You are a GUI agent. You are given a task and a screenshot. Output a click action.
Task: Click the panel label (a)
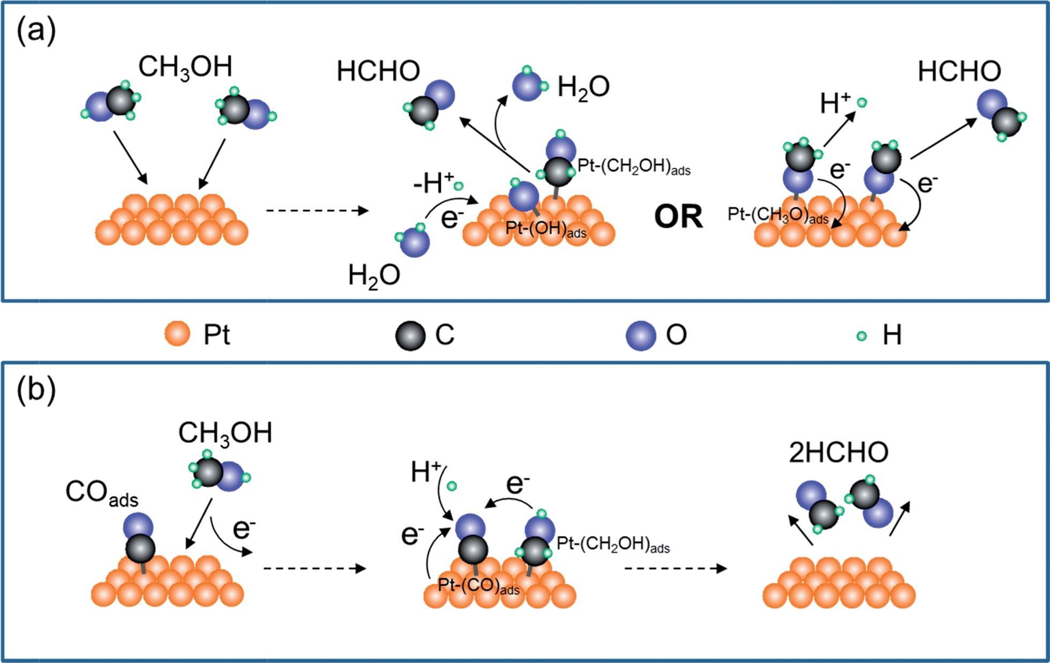pos(36,31)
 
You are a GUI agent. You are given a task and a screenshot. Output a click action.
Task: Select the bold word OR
pos(678,217)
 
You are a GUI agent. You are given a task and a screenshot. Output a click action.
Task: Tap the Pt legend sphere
pos(177,335)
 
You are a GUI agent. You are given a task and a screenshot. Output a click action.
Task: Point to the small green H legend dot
pos(861,336)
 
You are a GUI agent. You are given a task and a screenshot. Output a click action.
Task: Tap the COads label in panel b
pos(102,493)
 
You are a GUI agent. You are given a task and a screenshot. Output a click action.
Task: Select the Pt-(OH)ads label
pos(545,229)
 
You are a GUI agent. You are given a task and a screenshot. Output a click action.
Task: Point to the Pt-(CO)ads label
pos(478,586)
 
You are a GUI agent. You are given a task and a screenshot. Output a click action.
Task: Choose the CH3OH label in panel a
pos(185,68)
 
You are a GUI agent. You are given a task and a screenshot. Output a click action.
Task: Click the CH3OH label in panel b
pos(225,433)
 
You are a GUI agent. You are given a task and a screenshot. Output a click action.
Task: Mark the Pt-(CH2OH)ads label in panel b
pos(613,545)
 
